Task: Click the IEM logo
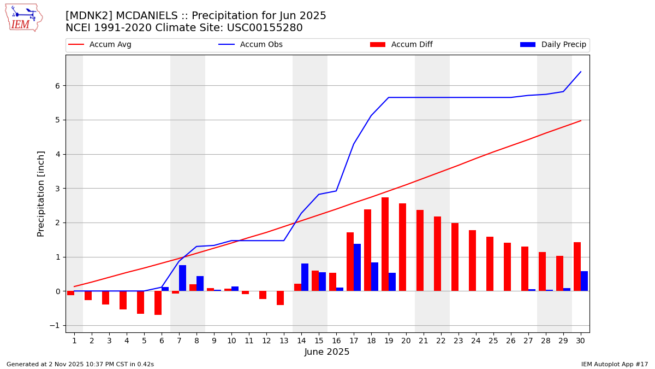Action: [x=23, y=17]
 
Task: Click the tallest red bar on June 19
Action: [x=385, y=244]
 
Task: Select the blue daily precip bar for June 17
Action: [x=357, y=267]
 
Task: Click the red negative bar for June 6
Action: [x=158, y=303]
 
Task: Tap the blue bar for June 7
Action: [x=182, y=278]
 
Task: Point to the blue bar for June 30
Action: [x=584, y=281]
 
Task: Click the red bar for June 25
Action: [x=490, y=263]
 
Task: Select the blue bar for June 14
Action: [x=305, y=277]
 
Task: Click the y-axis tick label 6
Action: [x=57, y=86]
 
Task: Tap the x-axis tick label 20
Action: [x=406, y=341]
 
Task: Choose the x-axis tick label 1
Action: [x=74, y=341]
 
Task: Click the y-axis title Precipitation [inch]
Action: [x=41, y=194]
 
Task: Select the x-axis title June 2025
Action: [x=327, y=352]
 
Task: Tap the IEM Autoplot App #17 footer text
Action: [x=615, y=364]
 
